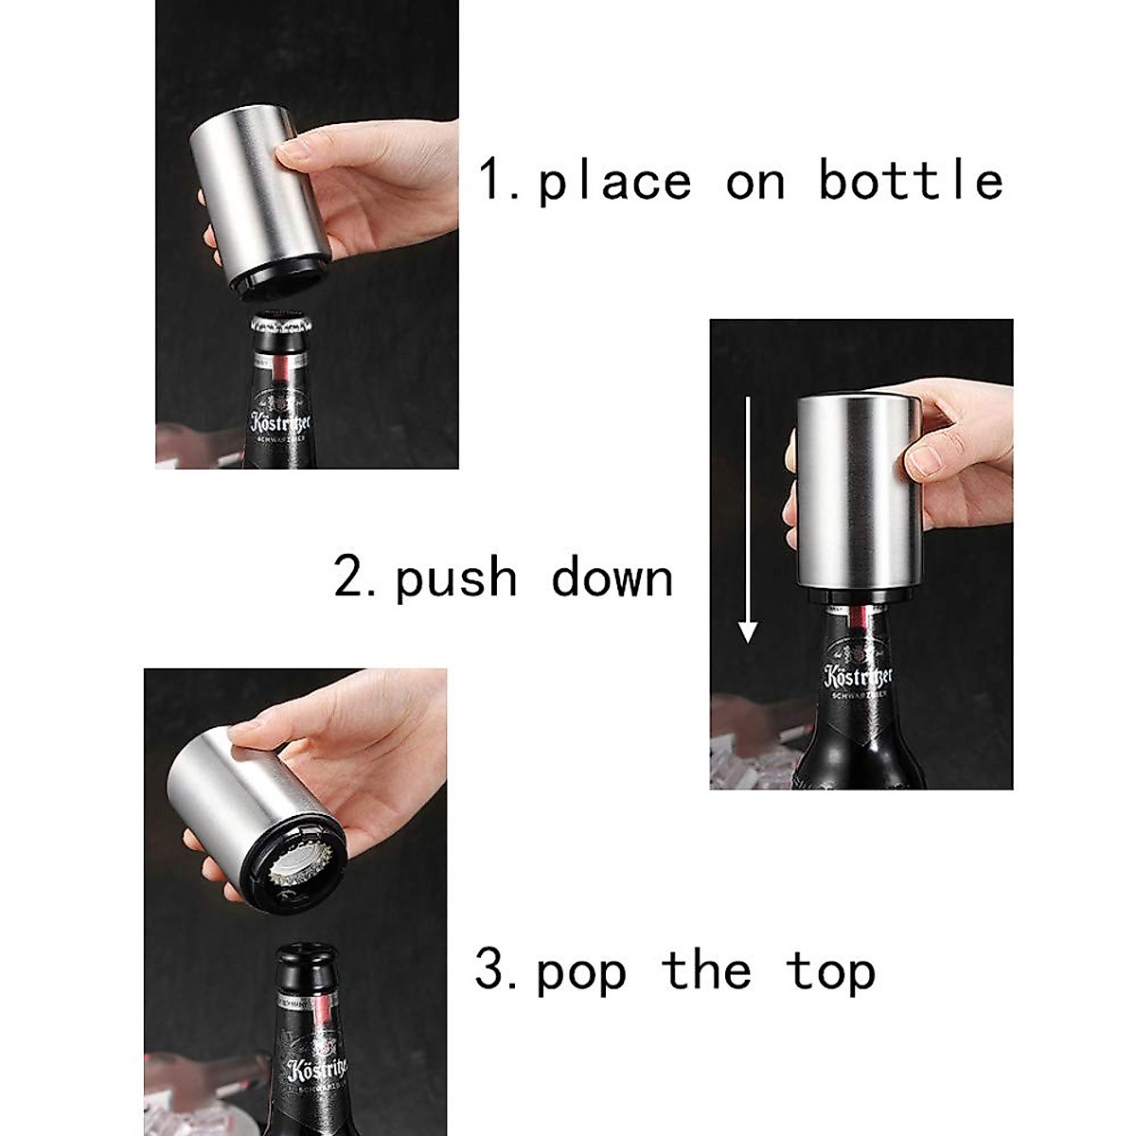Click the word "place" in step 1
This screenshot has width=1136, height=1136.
click(x=614, y=181)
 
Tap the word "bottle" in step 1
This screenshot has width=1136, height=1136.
click(x=910, y=179)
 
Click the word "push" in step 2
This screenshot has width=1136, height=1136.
click(x=456, y=578)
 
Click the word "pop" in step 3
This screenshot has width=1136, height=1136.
click(x=581, y=973)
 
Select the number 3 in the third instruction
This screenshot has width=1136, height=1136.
click(x=492, y=971)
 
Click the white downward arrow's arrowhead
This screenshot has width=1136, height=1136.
click(x=748, y=631)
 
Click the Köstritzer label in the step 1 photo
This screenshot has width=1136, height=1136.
click(x=280, y=422)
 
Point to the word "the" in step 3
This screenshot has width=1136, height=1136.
click(x=705, y=971)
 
